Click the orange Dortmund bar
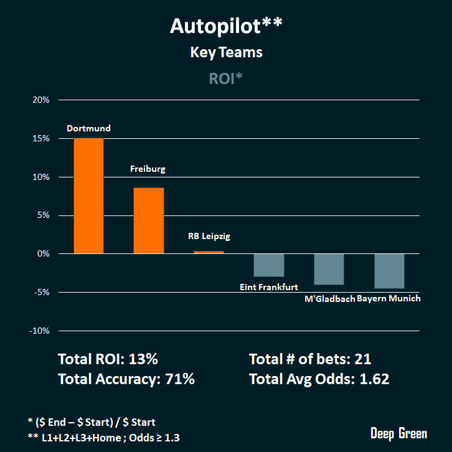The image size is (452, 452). (88, 195)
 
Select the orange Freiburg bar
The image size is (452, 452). (149, 220)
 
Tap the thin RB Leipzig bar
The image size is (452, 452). (209, 252)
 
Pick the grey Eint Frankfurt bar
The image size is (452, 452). (269, 265)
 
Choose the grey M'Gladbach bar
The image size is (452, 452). (329, 269)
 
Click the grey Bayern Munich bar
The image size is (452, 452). (389, 271)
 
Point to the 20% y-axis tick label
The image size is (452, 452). (40, 100)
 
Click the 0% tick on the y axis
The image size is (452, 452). (43, 253)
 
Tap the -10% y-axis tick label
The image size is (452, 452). (39, 331)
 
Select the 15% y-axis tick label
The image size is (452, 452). (40, 138)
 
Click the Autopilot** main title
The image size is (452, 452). (226, 26)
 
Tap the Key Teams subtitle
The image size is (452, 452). (226, 52)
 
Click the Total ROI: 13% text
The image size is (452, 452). (108, 359)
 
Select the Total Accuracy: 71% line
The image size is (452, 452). (126, 379)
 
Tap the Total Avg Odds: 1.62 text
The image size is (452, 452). (319, 379)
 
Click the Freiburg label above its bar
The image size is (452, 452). (148, 169)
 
